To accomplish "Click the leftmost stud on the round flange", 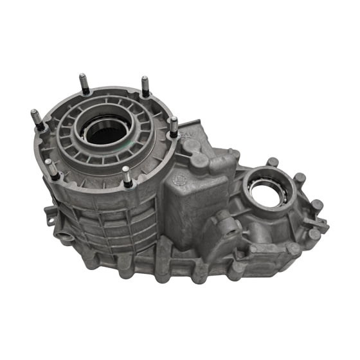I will pos(37,119).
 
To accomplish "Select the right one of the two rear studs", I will pos(145,85).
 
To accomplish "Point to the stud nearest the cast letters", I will pos(173,126).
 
